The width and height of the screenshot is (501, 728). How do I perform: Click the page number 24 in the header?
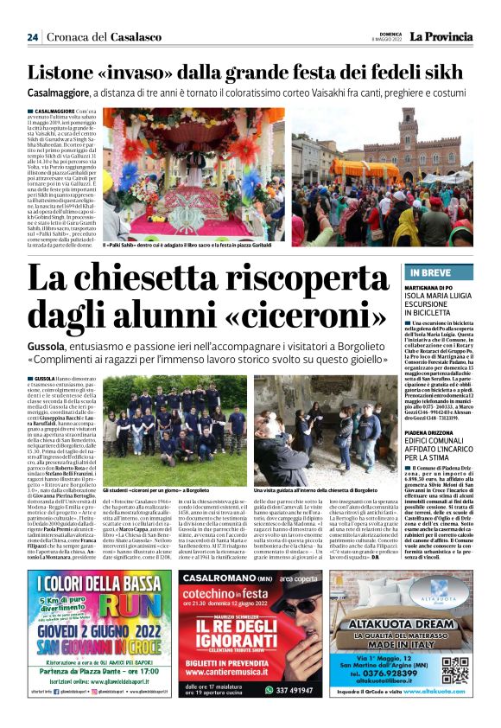tap(33, 37)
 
